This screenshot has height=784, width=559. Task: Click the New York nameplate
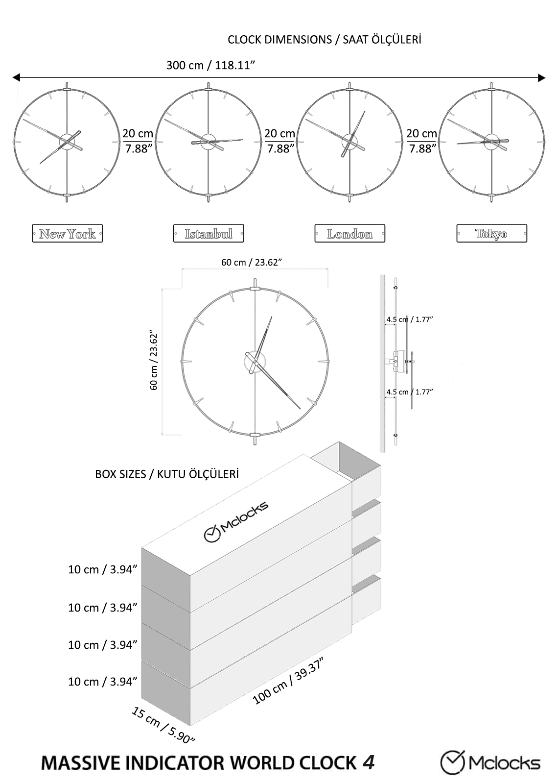pos(67,234)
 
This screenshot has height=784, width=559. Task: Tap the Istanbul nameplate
pos(209,234)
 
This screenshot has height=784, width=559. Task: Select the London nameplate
pos(349,234)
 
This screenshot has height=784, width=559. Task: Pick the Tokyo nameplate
pos(491,234)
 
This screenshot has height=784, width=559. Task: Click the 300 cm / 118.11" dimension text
pos(211,65)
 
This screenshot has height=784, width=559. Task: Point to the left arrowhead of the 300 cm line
pos(16,77)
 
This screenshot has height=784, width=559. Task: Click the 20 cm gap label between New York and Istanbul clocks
pos(138,141)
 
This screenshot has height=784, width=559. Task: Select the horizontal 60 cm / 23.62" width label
pos(252,262)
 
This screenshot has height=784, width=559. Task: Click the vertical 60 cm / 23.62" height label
pos(154,359)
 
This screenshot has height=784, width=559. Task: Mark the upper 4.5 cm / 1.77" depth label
pos(410,319)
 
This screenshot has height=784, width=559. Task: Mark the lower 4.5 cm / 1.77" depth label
pos(410,392)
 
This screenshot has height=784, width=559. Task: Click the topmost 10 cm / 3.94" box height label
pos(103,569)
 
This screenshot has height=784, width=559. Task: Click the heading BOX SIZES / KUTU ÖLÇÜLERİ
pos(167,474)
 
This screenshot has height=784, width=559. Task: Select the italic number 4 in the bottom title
pos(369,762)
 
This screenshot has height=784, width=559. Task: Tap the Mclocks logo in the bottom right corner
pos(490,762)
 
